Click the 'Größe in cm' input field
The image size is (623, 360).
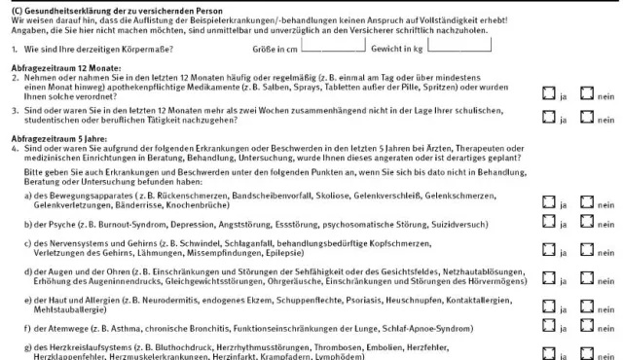pyautogui.click(x=333, y=45)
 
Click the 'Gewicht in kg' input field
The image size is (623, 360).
pyautogui.click(x=464, y=45)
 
